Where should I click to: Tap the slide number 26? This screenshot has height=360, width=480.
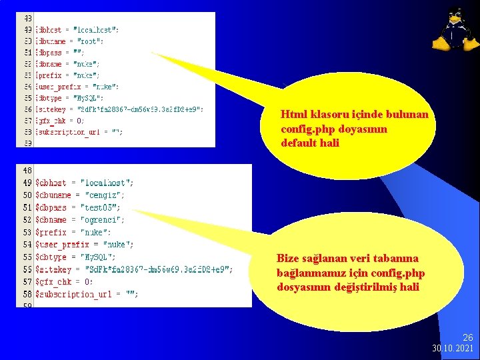point(468,339)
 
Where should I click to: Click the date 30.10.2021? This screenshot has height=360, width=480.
point(453,349)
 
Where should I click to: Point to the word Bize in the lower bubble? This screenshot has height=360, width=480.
point(289,258)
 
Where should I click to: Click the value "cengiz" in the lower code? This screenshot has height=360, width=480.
point(105,195)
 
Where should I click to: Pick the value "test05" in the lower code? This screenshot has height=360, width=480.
point(101,207)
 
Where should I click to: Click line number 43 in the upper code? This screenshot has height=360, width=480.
point(28,18)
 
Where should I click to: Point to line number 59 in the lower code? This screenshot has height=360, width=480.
point(27,306)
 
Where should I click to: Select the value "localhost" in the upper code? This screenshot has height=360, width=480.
point(97,29)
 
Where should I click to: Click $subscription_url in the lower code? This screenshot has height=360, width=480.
point(75,294)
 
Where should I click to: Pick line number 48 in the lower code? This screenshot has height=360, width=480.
point(27,170)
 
